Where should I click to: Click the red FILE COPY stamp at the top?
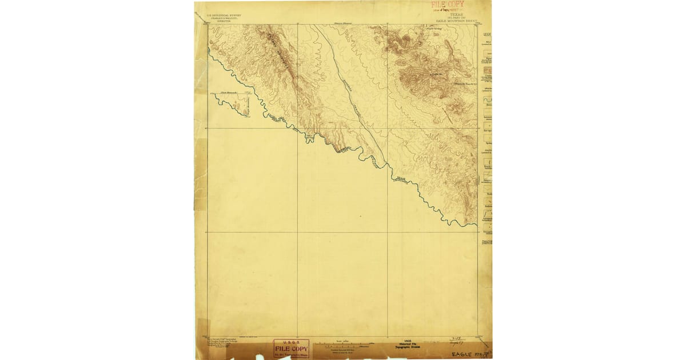tap(447, 5)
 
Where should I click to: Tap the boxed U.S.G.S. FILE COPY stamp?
tap(291, 347)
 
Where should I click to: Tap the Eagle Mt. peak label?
tap(438, 74)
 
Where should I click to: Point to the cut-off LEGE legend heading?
tap(487, 34)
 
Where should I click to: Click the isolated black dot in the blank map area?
tap(361, 217)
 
